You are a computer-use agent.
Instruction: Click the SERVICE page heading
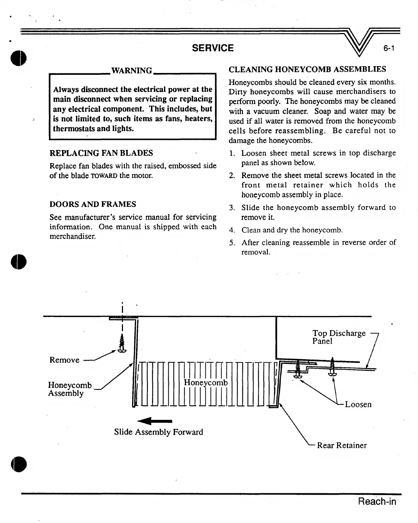(213, 48)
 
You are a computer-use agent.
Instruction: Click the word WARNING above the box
(131, 70)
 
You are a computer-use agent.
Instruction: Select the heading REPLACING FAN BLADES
(101, 153)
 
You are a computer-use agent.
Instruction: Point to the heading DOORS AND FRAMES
(93, 204)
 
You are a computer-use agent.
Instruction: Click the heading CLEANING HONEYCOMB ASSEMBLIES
(307, 69)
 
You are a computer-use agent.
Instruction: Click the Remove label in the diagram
(64, 360)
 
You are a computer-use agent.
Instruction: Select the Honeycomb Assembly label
(70, 389)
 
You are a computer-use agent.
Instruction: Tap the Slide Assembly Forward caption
(158, 432)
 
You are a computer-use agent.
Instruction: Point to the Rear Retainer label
(342, 445)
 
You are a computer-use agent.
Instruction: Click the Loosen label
(358, 404)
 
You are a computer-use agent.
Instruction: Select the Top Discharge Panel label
(338, 337)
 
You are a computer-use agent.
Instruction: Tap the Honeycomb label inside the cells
(206, 382)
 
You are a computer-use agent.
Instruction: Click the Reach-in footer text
(377, 502)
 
